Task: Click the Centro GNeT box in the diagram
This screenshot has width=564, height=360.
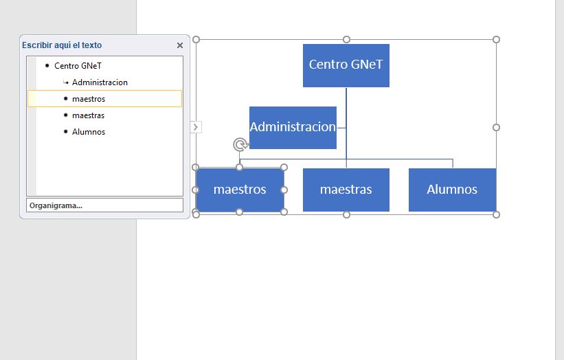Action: pos(346,65)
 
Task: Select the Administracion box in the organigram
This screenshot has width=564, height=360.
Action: pos(293,127)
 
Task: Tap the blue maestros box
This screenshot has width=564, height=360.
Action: pos(240,190)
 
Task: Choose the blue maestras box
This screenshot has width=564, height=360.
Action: pos(346,190)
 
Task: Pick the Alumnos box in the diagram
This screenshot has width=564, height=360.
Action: pos(452,190)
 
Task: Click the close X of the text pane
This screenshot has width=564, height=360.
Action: pos(180,45)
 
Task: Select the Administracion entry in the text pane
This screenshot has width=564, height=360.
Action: pos(100,82)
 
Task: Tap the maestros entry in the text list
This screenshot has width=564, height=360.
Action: pos(89,99)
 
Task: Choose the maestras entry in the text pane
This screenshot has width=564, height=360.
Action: pos(89,115)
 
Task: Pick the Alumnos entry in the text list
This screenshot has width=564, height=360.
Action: pos(89,132)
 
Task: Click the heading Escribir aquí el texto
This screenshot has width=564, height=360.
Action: pos(62,45)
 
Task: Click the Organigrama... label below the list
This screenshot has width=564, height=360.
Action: pos(56,205)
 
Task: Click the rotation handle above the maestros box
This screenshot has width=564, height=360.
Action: pos(240,144)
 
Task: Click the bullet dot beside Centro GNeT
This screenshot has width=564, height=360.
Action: pos(47,66)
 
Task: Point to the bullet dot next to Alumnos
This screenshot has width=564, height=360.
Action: pos(65,132)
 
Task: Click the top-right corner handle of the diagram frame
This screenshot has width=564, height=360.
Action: pos(496,39)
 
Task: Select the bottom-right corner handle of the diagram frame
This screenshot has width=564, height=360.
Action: pos(496,214)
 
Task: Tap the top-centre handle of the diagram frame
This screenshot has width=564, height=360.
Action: pos(346,39)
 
